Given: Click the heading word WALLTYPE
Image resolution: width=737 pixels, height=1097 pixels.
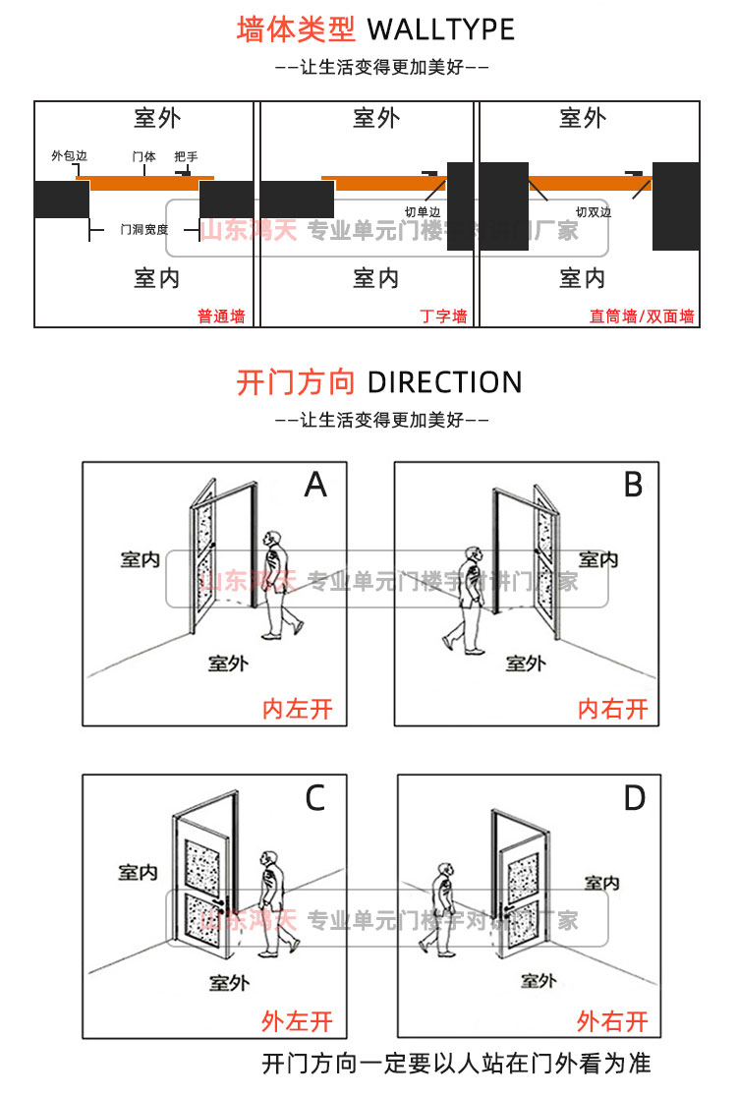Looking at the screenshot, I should pos(440,29).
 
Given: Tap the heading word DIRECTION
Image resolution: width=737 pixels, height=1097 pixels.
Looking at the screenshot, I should pos(444,381).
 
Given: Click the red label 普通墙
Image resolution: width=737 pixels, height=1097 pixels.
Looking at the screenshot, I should pos(221,317).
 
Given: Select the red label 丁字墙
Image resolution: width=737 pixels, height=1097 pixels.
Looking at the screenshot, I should pos(443,317).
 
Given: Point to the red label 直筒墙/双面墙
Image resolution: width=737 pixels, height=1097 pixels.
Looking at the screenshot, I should pos(642,317).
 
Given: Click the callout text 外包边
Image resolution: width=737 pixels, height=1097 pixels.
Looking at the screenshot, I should pos(69,156).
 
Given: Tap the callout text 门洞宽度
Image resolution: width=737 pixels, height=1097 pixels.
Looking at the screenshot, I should pos(143,230).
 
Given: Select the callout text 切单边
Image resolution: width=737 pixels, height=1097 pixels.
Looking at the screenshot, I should pos(423,211).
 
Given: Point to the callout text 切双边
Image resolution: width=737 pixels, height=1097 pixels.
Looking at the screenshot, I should pos(594,211).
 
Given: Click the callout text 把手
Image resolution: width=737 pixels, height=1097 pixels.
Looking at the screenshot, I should pos(186,156).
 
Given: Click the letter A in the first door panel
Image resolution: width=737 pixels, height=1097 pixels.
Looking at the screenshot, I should pos(315,485).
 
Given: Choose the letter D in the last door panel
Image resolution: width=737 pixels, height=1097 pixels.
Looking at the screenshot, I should pos(635,798).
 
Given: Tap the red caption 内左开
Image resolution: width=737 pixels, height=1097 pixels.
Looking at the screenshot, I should pos(297,708).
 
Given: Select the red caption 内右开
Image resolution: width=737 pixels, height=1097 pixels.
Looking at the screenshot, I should pos(613,708).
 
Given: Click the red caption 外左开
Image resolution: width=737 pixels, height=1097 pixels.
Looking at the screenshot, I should pos(297,1021).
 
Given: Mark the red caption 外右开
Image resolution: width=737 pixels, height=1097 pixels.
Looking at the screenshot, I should pos(612,1021).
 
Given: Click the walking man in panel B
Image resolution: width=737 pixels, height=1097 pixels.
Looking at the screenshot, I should pos(466,601).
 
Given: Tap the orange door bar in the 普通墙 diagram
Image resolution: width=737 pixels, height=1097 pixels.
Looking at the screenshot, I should pos(145,183).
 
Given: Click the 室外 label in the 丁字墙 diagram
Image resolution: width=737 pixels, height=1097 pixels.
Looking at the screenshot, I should pos(376,119).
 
